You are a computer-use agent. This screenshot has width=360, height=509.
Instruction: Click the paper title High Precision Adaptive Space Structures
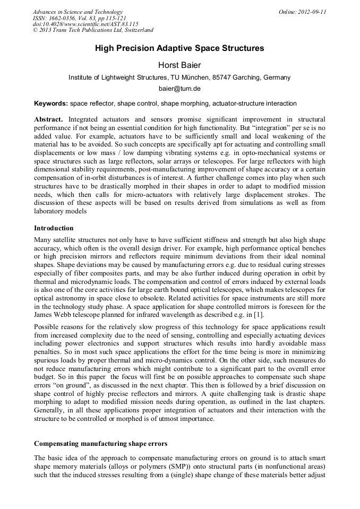[x=179, y=48]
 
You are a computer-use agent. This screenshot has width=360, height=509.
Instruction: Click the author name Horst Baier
[x=179, y=65]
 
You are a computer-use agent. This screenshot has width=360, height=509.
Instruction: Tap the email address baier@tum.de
[x=179, y=89]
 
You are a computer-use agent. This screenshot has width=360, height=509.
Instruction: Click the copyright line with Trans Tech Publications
[x=93, y=31]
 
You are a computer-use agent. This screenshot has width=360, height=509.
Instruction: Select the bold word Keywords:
[x=51, y=103]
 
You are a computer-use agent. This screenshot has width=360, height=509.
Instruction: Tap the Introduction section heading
[x=54, y=228]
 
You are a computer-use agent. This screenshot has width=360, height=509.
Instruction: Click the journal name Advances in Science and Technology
[x=78, y=12]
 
